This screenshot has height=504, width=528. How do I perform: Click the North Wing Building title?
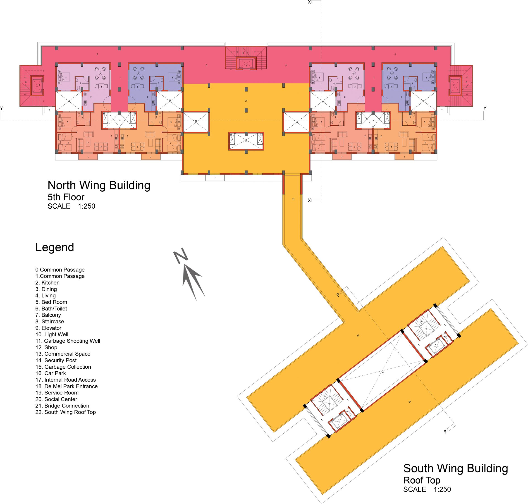coord(99,185)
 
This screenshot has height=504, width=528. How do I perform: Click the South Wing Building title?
coord(455,468)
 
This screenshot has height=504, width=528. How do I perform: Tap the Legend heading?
coord(55,247)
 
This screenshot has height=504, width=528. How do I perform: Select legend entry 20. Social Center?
coord(56,399)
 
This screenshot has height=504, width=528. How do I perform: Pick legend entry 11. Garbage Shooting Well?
coord(68,341)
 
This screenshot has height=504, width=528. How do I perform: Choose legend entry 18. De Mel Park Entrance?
coord(66,386)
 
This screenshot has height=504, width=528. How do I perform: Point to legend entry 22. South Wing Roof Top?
coord(66,412)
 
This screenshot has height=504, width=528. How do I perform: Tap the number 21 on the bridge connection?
coord(293,199)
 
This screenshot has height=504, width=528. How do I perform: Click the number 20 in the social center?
coord(246,101)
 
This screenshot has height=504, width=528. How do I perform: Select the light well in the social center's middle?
coord(246,141)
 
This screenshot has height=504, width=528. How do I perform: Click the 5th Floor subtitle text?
coord(66,197)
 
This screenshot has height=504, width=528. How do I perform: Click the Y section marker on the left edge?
coord(2,108)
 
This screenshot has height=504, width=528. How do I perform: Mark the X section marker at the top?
coord(309,2)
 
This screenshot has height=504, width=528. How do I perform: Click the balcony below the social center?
coord(215,178)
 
